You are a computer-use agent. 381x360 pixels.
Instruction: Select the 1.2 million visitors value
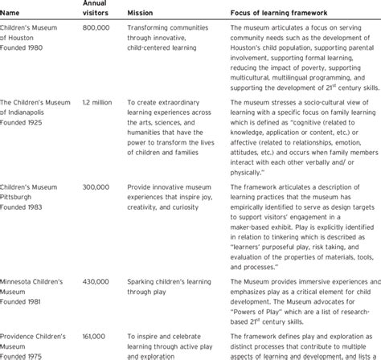click(99, 102)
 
